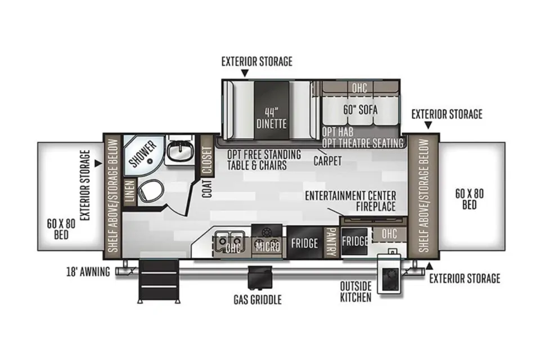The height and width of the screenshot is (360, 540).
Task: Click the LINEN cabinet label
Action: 129,192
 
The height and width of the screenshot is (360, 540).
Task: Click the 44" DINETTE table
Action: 271,110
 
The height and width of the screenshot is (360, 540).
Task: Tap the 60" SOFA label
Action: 360,110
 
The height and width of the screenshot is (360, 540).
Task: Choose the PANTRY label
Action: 331,242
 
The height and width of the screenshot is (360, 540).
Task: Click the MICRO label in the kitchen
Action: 268,247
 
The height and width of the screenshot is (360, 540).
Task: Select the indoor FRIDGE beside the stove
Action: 304,242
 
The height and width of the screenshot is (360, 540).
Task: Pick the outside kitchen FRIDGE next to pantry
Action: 355,241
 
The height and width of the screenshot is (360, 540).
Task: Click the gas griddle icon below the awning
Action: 260,277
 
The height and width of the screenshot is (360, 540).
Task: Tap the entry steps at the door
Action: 159,281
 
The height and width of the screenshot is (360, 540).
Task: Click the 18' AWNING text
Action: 88,272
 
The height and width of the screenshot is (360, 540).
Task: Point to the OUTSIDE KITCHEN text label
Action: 355,291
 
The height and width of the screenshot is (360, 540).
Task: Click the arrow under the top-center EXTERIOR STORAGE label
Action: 245,73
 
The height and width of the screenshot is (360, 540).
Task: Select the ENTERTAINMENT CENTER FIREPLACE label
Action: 350,201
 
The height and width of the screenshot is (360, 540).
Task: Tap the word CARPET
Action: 327,160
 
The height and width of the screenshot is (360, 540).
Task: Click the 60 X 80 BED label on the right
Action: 469,199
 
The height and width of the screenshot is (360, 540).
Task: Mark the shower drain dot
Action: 150,161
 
